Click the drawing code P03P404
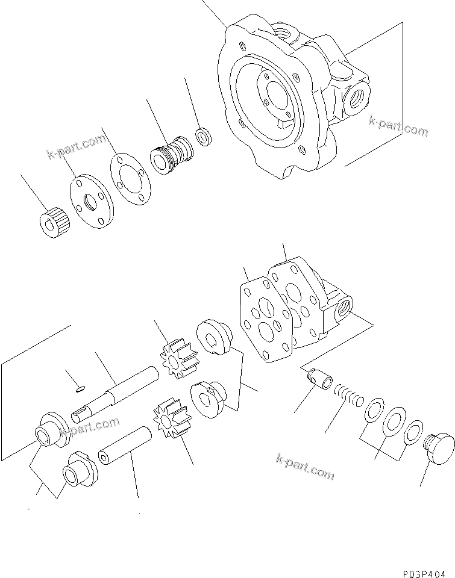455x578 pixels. pos(421,567)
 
